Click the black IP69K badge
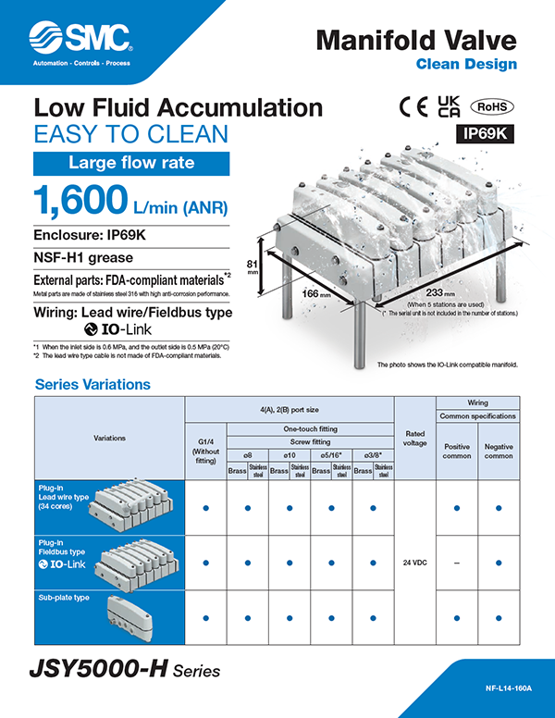pos(486,133)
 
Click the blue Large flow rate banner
pos(131,164)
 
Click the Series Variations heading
pos(92,384)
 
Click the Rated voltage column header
pos(414,437)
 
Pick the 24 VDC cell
pos(414,563)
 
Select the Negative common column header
pos(499,452)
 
